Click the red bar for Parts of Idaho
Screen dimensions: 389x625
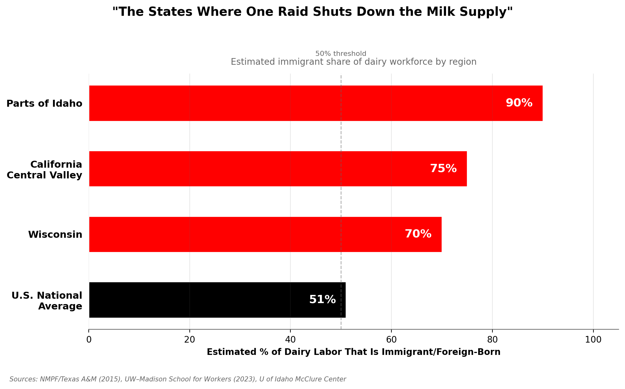click(316, 103)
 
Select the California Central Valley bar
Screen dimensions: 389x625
click(278, 169)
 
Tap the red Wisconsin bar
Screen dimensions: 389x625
click(265, 234)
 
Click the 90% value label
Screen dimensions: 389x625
click(519, 103)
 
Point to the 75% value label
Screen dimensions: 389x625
click(443, 169)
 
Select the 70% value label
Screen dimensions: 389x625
click(418, 234)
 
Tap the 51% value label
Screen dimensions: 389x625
click(322, 300)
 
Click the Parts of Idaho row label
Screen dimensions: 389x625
click(45, 104)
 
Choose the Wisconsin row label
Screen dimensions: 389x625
click(55, 235)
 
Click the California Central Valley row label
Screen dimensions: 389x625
click(45, 170)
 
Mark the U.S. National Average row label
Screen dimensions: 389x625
click(47, 301)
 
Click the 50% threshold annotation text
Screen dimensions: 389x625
click(341, 54)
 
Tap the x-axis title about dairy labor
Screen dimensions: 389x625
click(354, 352)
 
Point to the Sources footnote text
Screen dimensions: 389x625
click(178, 379)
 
